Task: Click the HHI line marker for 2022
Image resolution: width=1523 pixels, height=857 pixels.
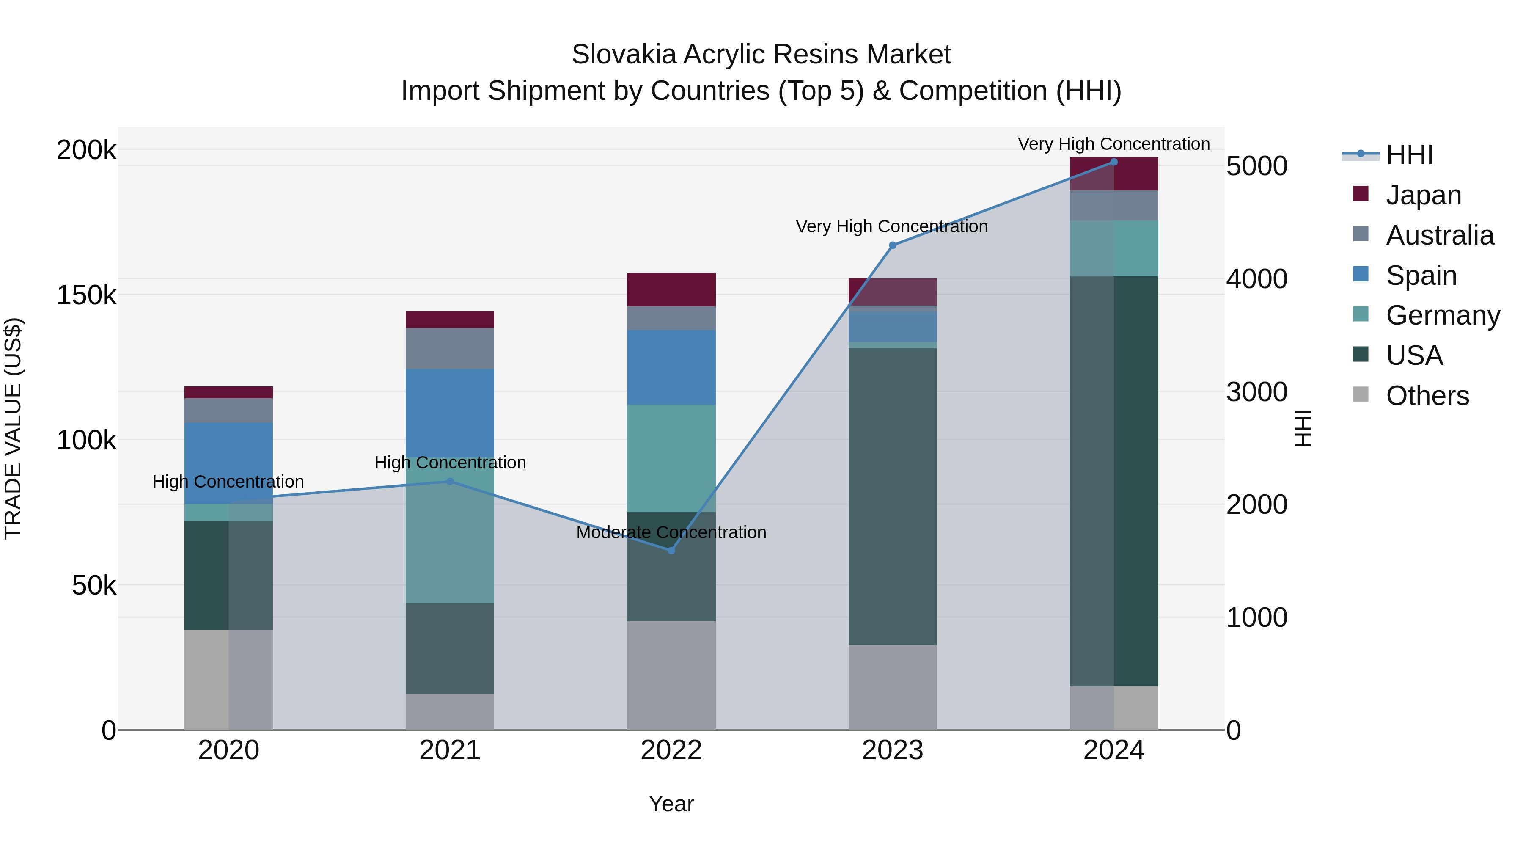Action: [671, 551]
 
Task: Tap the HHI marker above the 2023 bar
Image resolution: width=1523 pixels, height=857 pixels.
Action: [893, 245]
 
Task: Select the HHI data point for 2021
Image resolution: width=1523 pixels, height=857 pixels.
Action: [450, 482]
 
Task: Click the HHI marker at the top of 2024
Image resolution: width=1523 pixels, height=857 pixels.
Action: [1114, 162]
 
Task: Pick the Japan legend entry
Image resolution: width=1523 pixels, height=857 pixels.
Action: [1423, 195]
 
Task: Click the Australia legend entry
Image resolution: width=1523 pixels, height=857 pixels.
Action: [1440, 235]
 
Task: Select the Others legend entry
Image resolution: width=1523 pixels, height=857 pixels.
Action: [1427, 396]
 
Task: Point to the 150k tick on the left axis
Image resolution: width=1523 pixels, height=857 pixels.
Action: [86, 295]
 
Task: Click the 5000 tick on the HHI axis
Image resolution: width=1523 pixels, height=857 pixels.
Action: [1257, 166]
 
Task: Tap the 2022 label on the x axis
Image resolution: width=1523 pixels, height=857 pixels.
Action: [671, 750]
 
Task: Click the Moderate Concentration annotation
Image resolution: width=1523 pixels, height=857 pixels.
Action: [671, 532]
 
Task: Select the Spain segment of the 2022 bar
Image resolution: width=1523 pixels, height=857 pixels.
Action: [671, 367]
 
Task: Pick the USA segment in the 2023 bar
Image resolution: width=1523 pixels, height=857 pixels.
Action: [893, 496]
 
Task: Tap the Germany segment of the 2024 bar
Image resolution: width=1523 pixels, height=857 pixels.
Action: [1114, 248]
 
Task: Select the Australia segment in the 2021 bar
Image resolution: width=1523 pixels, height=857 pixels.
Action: [450, 348]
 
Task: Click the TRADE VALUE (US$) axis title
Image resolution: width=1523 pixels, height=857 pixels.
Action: [13, 428]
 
